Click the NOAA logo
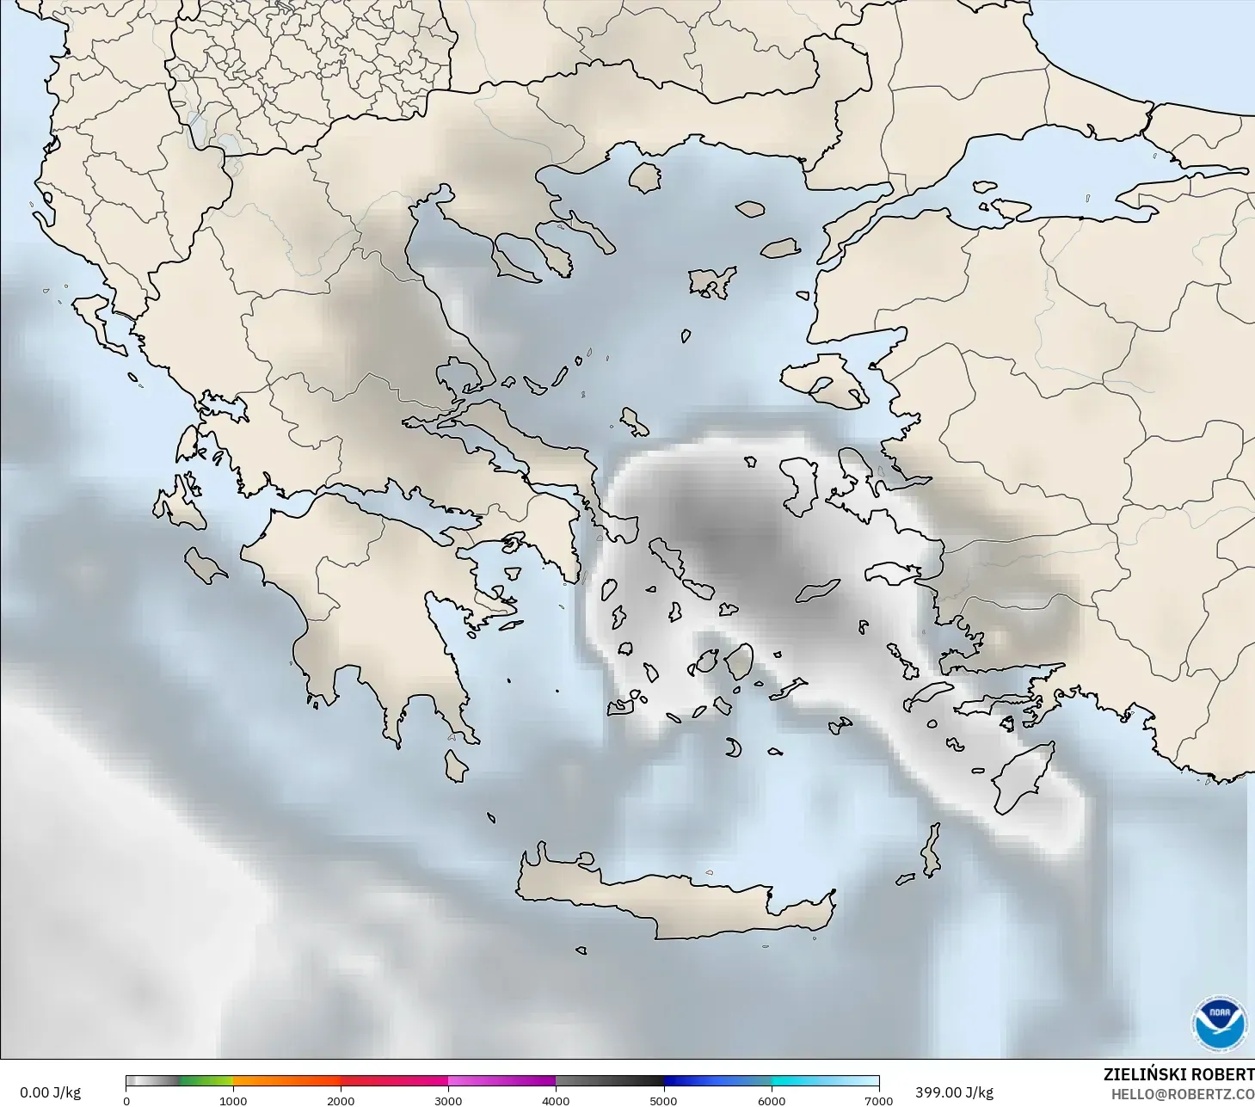(1219, 1023)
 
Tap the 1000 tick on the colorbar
(233, 1100)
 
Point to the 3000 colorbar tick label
(448, 1100)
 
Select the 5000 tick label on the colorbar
(663, 1100)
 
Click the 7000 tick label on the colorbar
(878, 1100)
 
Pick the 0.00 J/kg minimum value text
(50, 1092)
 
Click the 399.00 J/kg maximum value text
(954, 1092)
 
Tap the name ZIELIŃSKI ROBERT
(1178, 1074)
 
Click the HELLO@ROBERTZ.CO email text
(1182, 1094)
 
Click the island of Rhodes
(1024, 778)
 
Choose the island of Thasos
(644, 177)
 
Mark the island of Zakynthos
(204, 565)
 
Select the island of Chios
(801, 486)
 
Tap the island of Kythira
(455, 766)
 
